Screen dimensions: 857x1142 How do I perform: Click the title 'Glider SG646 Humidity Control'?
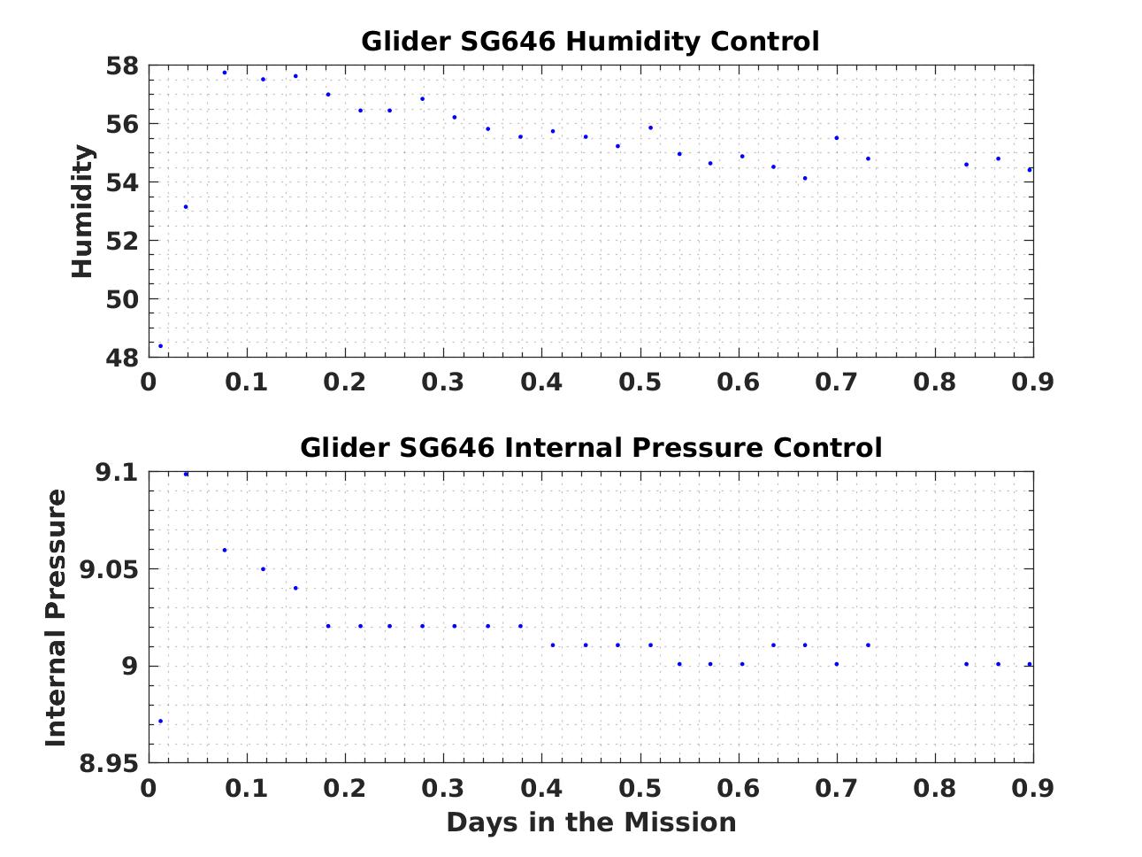pyautogui.click(x=590, y=42)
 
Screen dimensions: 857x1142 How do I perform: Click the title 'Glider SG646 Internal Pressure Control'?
pyautogui.click(x=590, y=448)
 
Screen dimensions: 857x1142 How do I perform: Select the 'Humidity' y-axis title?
pyautogui.click(x=83, y=212)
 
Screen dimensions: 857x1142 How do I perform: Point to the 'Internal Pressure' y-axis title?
pyautogui.click(x=57, y=617)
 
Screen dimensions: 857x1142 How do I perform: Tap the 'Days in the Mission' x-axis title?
pyautogui.click(x=590, y=822)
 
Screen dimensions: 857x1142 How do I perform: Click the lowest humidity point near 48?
pyautogui.click(x=160, y=346)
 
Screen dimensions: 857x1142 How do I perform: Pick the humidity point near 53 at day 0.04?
pyautogui.click(x=186, y=207)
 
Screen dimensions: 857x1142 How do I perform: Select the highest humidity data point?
pyautogui.click(x=225, y=73)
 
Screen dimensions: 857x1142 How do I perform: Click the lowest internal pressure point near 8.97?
pyautogui.click(x=160, y=721)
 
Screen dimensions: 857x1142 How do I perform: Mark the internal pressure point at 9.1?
pyautogui.click(x=186, y=474)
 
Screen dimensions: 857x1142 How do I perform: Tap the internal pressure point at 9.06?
pyautogui.click(x=225, y=550)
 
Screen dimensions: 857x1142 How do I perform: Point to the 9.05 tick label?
pyautogui.click(x=104, y=569)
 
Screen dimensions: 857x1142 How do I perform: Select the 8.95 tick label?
pyautogui.click(x=104, y=763)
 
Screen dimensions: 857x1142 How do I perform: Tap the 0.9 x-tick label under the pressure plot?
pyautogui.click(x=1032, y=788)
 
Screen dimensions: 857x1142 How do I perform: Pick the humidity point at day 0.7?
pyautogui.click(x=836, y=138)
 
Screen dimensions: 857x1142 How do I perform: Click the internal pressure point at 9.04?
pyautogui.click(x=295, y=588)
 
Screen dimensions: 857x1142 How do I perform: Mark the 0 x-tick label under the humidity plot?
pyautogui.click(x=149, y=382)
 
